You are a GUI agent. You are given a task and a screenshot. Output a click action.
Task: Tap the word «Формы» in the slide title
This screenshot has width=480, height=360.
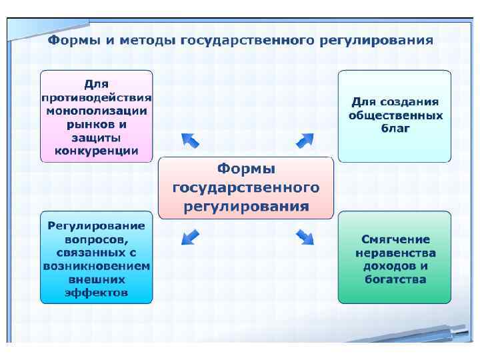point(71,40)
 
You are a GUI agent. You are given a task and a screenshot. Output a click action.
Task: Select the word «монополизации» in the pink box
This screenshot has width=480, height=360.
point(97,111)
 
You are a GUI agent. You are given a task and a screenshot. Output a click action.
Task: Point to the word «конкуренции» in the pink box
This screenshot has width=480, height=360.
point(97,151)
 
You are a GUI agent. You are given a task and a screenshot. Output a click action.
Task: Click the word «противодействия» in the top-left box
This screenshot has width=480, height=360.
point(97,97)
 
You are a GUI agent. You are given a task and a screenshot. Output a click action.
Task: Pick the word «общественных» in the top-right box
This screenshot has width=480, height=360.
point(395,115)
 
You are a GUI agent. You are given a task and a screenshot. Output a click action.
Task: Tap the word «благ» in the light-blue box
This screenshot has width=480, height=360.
point(395,128)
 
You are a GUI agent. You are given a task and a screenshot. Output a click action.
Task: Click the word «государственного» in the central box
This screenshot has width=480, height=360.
point(246,187)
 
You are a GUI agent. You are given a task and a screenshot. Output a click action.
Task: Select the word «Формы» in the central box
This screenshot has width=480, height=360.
point(246,169)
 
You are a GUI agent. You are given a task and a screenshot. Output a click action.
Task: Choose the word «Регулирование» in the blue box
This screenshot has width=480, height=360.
point(97,226)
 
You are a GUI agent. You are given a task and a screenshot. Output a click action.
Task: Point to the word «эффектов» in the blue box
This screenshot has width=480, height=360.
point(97,293)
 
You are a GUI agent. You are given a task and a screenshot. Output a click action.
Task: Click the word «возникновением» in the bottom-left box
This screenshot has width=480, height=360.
point(97,266)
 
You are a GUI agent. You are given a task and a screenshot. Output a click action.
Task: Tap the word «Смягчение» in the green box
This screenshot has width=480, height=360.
point(395,239)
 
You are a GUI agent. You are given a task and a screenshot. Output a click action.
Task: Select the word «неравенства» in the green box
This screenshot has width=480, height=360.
point(395,253)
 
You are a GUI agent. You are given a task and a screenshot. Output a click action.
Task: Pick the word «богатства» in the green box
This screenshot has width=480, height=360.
point(395,279)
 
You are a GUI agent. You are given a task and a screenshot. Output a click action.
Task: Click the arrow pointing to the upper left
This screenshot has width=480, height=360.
point(190,139)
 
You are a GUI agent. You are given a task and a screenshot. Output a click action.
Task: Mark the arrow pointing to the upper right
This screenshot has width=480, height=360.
point(305,140)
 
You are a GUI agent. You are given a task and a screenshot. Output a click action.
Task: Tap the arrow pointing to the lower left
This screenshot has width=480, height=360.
point(190,236)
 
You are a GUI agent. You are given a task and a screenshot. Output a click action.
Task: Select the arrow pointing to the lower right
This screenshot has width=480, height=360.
point(305,236)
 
